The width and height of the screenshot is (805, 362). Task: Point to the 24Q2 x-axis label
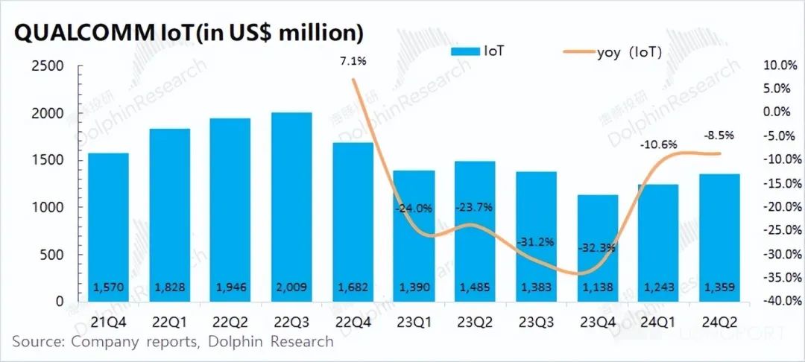[719, 322]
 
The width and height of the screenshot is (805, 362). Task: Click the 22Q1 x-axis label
[169, 322]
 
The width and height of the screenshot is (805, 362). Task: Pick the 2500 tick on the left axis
[48, 66]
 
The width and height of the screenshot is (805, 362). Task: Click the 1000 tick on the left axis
[48, 208]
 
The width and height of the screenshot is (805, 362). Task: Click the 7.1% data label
[353, 60]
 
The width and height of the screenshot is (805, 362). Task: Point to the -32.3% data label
[597, 247]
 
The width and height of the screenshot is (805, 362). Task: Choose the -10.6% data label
[659, 144]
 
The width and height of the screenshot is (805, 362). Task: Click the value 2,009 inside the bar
[291, 288]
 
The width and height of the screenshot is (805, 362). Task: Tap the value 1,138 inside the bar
[597, 288]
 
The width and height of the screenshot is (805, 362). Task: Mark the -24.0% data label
[414, 209]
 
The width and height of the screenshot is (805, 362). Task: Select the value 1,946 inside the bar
[230, 288]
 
